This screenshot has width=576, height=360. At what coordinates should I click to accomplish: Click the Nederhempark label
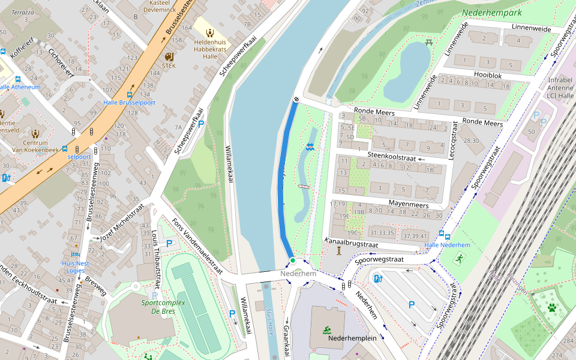[491, 13]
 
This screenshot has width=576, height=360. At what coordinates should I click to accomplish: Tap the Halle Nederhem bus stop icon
[442, 235]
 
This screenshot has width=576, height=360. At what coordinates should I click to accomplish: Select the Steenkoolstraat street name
[389, 155]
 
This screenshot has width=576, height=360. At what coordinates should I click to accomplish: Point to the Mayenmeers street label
[408, 205]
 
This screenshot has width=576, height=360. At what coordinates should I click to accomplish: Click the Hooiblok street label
[487, 76]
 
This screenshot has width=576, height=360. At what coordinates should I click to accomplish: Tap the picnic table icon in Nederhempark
[429, 43]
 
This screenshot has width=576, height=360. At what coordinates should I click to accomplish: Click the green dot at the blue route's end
[292, 260]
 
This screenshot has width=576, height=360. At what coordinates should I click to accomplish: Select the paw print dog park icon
[551, 308]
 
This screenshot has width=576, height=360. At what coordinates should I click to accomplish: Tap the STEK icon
[169, 56]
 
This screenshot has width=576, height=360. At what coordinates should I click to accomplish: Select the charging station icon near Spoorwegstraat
[377, 278]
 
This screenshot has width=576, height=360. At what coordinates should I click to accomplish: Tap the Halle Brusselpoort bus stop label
[130, 103]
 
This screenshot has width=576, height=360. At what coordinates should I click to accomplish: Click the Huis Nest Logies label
[75, 266]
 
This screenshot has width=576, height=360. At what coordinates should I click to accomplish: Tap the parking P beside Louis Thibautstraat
[169, 244]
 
